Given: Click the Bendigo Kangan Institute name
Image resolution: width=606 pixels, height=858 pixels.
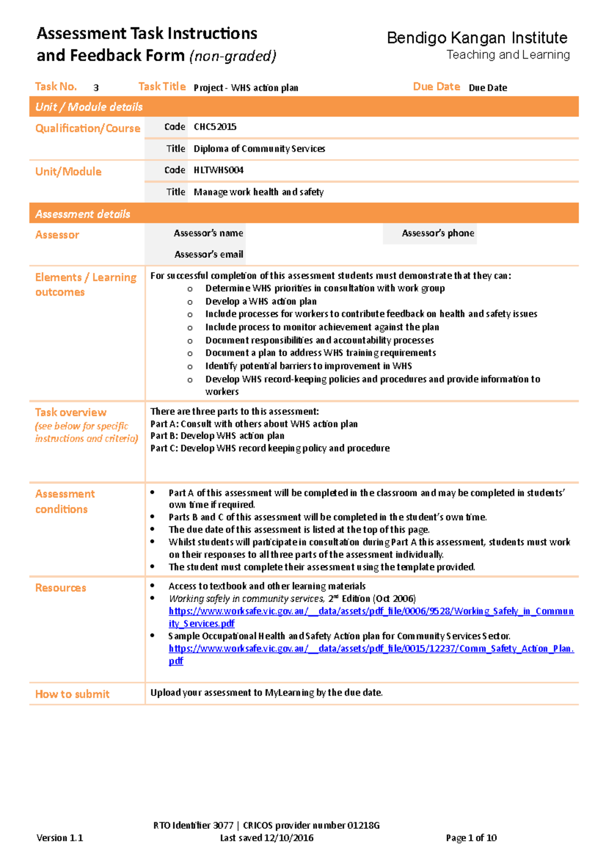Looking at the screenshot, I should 477,38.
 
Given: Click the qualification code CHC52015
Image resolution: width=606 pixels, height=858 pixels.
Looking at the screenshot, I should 215,127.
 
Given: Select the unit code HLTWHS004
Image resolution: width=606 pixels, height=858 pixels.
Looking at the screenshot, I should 219,170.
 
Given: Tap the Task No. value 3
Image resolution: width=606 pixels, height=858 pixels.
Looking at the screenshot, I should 96,88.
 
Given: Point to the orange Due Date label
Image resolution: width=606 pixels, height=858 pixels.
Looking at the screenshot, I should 436,86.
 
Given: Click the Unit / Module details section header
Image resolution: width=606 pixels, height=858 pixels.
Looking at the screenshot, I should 89,107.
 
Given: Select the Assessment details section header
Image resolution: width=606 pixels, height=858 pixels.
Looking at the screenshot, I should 83,214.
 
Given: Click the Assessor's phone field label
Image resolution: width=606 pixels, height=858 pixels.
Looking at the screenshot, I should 438,233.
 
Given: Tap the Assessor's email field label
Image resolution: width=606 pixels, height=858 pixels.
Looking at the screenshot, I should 209,255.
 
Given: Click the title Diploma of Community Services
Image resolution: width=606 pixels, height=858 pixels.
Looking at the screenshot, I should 259,149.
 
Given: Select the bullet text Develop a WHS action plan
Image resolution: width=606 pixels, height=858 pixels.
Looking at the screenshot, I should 261,302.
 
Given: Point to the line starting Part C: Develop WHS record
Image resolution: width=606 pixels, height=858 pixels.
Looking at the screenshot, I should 270,448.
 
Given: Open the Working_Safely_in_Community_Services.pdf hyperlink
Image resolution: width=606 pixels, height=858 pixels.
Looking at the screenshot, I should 371,611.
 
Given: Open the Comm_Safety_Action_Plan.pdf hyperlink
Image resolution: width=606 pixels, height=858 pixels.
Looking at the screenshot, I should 371,649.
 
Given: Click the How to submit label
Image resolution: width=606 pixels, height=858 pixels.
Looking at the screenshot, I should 72,694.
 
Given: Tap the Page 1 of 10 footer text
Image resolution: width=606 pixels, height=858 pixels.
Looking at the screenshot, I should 471,838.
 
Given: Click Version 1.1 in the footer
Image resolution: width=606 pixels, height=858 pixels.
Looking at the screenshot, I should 60,838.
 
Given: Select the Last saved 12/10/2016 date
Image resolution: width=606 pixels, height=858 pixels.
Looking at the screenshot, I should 267,838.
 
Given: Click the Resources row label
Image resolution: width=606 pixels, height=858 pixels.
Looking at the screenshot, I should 61,588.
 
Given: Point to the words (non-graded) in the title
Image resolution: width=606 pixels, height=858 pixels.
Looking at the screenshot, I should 233,56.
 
